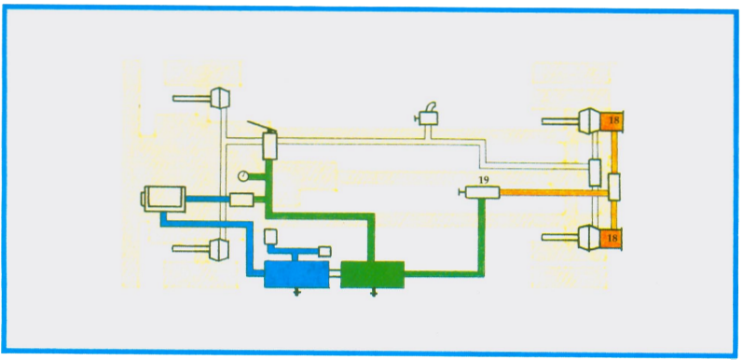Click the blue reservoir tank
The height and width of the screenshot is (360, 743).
(x=296, y=275)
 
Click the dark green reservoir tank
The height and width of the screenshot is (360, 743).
(x=371, y=275)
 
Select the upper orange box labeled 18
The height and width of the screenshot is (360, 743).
(x=612, y=120)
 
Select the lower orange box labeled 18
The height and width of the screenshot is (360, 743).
(x=612, y=239)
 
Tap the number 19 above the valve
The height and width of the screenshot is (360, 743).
(x=483, y=180)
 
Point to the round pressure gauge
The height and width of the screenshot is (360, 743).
(x=243, y=174)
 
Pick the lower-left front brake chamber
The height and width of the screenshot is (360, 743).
(x=220, y=249)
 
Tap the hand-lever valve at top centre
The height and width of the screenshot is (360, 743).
(x=430, y=117)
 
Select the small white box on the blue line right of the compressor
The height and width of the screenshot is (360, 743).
(x=241, y=199)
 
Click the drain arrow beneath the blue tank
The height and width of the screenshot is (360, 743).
(x=297, y=293)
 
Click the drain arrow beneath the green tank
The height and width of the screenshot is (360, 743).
(x=374, y=293)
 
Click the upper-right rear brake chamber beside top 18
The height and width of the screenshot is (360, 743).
(x=586, y=120)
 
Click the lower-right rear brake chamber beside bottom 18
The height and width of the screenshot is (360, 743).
(x=586, y=239)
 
